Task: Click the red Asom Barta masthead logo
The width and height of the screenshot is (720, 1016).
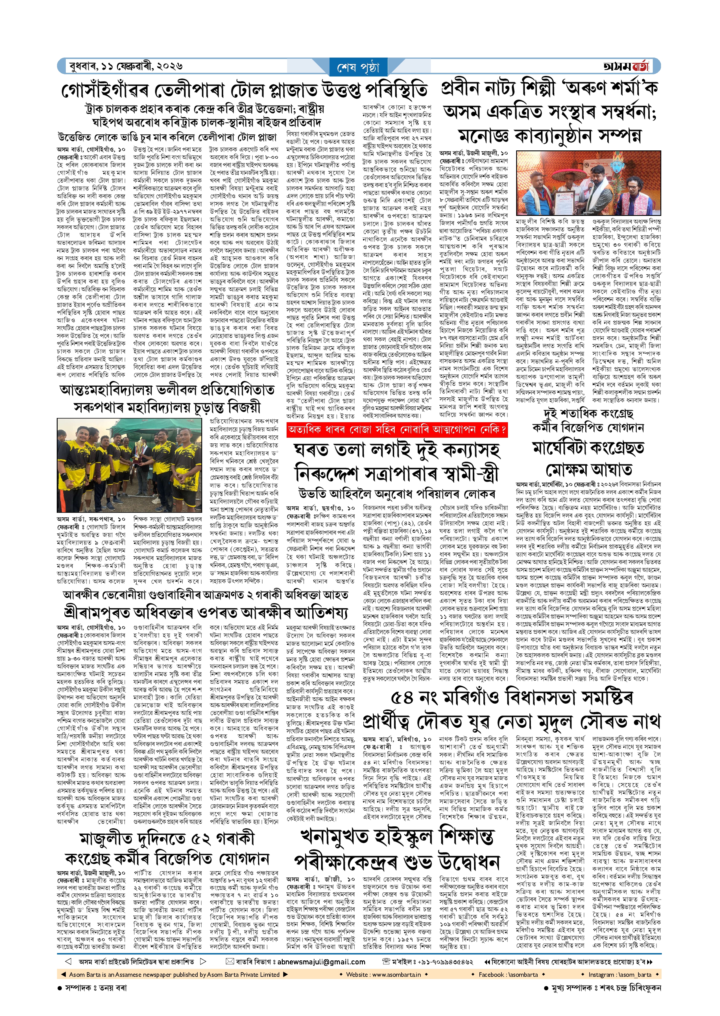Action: pos(626,66)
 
